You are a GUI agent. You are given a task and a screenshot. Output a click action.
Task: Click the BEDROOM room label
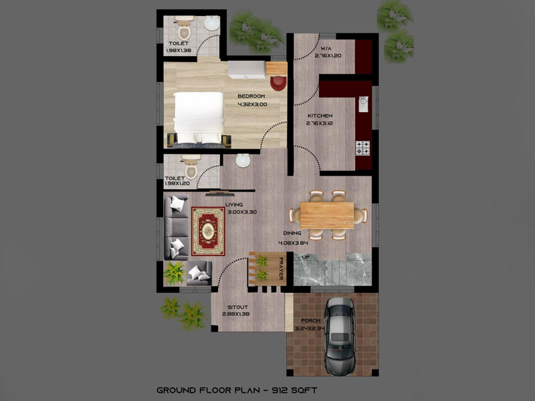pyautogui.click(x=251, y=96)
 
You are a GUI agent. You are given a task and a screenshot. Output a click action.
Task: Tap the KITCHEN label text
pyautogui.click(x=320, y=116)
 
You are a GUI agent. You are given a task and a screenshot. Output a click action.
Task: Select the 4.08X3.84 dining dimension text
pyautogui.click(x=293, y=243)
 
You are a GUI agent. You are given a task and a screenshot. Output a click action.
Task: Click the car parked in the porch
pyautogui.click(x=340, y=337)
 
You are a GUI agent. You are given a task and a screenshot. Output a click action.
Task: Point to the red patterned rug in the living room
pyautogui.click(x=208, y=231)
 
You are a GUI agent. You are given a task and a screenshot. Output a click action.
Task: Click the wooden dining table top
pyautogui.click(x=327, y=215)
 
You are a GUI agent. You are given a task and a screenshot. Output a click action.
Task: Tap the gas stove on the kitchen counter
pyautogui.click(x=362, y=148)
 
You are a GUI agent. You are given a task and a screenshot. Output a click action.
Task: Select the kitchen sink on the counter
pyautogui.click(x=363, y=104)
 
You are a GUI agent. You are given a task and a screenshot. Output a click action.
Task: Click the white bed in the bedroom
pyautogui.click(x=198, y=118)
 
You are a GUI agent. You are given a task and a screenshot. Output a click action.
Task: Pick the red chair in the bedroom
pyautogui.click(x=278, y=83)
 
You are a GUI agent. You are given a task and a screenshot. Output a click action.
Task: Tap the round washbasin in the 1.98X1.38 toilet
pyautogui.click(x=211, y=23)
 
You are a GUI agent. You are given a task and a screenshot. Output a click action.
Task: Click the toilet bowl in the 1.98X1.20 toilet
pyautogui.click(x=191, y=167)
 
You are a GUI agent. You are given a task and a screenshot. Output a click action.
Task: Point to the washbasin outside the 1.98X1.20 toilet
pyautogui.click(x=243, y=160)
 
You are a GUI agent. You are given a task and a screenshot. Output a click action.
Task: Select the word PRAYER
pyautogui.click(x=281, y=269)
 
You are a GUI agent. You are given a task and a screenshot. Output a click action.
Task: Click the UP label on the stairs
pyautogui.click(x=306, y=257)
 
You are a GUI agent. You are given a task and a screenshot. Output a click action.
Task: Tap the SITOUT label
pyautogui.click(x=237, y=307)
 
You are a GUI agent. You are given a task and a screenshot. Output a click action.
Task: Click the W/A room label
pyautogui.click(x=326, y=48)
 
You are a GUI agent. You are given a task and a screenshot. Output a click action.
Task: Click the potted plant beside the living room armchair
pyautogui.click(x=175, y=273)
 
